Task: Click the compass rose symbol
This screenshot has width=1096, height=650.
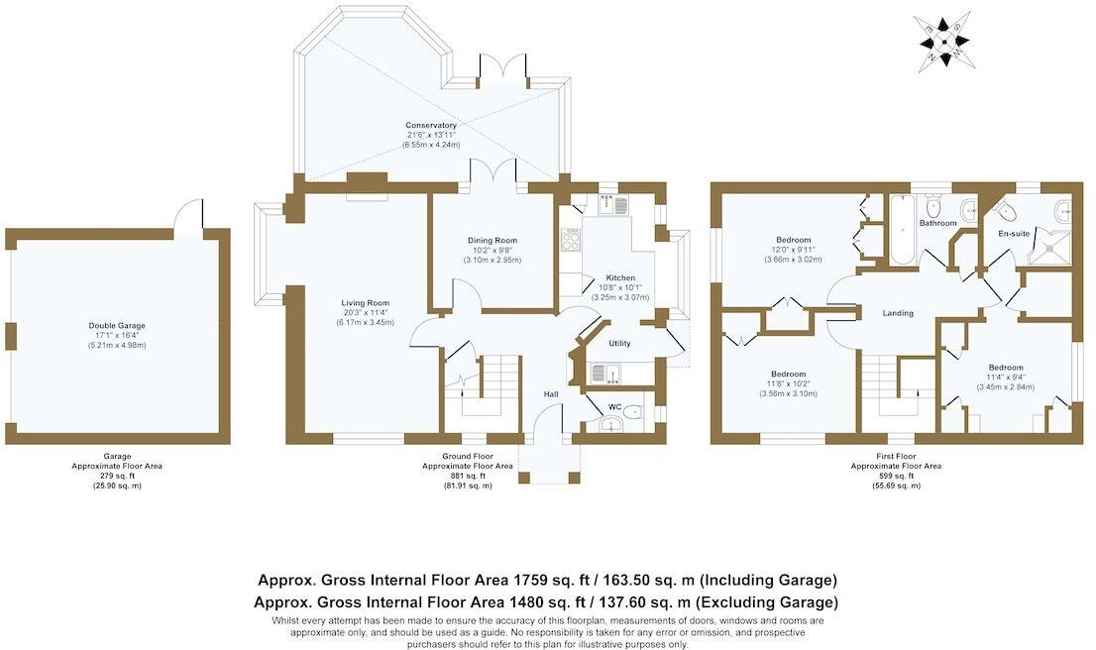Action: coord(943,42)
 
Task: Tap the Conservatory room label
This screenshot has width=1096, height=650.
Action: coord(431,126)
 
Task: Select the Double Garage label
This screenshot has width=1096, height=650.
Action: coord(117,326)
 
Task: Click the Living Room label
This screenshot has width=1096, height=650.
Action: coord(366,303)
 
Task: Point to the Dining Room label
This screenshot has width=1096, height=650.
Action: coord(493,241)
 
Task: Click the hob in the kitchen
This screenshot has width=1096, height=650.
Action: coord(571,241)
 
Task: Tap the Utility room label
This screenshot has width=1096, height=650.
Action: coord(619,343)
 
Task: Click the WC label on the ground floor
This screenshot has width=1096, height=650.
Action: coord(615,407)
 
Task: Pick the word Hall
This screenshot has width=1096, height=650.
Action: coord(551,395)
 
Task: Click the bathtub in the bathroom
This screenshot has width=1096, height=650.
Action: coord(901,230)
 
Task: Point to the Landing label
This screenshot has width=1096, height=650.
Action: coord(898,313)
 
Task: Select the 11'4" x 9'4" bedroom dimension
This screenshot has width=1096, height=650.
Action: coord(1006,377)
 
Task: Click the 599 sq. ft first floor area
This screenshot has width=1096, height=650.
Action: coord(896,476)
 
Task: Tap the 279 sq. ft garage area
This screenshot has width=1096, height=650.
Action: coord(117,476)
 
